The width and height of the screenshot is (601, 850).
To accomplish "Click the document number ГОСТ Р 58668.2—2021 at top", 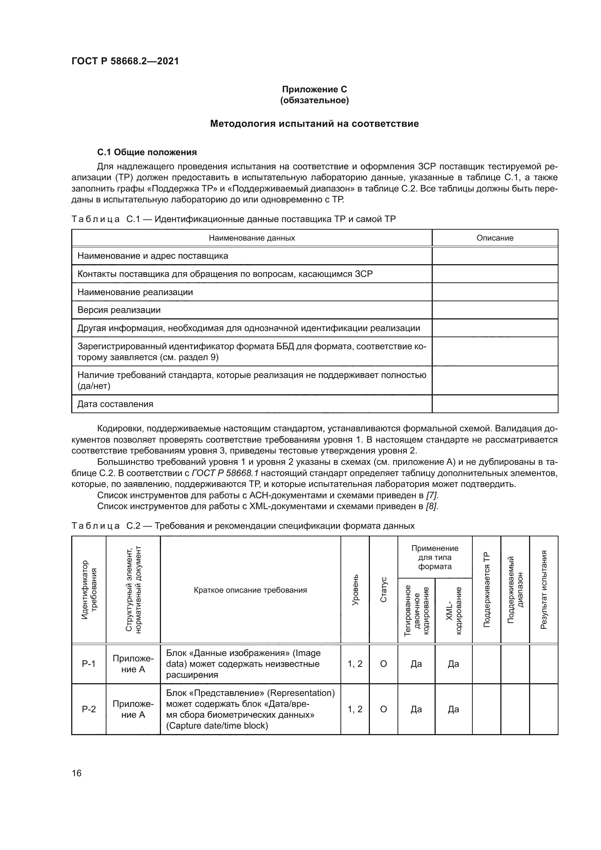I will [125, 61].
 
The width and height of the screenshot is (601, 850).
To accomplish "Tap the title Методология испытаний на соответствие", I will [314, 124].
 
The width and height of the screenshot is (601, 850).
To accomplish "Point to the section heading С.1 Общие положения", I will [146, 152].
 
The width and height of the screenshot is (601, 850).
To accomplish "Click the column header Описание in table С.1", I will [495, 238].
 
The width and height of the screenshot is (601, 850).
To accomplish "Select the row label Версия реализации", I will [119, 310].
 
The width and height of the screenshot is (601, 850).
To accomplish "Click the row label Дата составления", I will [115, 404].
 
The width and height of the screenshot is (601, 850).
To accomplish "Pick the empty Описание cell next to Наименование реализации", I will [495, 292].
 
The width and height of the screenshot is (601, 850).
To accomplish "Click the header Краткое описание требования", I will [250, 590].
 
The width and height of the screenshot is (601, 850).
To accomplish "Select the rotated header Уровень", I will [355, 590].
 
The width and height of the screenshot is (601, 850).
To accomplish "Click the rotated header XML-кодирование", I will [454, 611].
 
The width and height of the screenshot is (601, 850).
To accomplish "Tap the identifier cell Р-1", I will [89, 664].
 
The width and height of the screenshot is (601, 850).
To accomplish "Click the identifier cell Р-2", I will [89, 709].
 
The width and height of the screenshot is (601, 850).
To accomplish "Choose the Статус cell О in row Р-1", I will [383, 664].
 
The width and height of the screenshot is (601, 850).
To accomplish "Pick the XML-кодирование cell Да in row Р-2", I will [453, 709].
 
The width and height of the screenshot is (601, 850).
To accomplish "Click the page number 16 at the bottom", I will [77, 773].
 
